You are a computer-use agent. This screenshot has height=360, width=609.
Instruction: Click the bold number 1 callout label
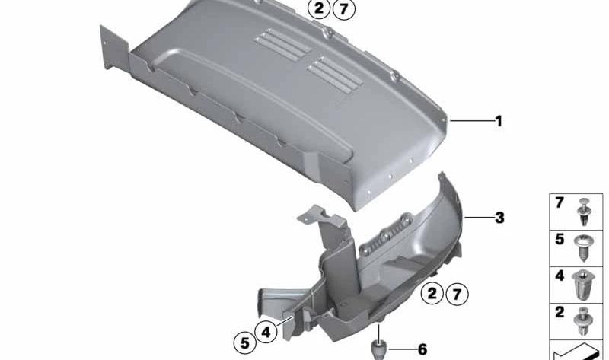tap(499, 121)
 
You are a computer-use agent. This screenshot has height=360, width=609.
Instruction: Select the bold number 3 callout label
tap(499, 218)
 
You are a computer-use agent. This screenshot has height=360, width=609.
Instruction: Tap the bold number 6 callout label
tap(422, 349)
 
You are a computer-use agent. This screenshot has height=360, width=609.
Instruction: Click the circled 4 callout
tap(266, 332)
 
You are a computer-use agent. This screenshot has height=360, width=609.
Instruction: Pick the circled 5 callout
tap(245, 343)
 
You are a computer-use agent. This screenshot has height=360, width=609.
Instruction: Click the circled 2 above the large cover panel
tap(319, 8)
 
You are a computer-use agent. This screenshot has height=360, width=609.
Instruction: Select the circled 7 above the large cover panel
tap(344, 8)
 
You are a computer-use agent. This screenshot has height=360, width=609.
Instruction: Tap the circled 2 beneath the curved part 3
tap(432, 293)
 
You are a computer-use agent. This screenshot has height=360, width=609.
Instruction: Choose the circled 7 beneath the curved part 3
tap(458, 294)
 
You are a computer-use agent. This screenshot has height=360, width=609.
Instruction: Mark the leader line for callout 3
tap(479, 218)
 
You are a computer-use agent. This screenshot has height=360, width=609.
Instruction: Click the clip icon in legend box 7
tap(584, 212)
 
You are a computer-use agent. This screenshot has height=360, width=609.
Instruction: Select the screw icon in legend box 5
tap(583, 248)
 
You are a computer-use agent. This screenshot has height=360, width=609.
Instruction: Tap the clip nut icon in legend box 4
tap(582, 285)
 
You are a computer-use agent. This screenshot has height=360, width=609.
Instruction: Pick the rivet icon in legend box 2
tap(583, 321)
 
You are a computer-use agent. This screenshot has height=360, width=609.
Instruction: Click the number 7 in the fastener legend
tap(560, 202)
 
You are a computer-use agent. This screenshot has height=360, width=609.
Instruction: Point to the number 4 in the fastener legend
tap(560, 276)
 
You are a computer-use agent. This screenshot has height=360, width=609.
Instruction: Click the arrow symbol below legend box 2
tap(579, 352)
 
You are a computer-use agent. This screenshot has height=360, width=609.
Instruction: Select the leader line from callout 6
tap(402, 349)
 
